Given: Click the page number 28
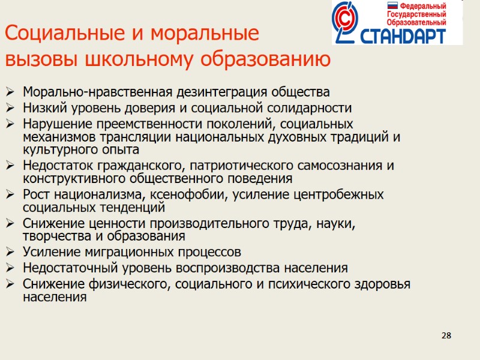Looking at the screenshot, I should point(446,335).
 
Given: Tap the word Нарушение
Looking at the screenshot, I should point(52,124).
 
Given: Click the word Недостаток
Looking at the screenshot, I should point(55,166).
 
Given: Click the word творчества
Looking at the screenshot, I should point(52,236).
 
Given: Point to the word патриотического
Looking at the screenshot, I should point(226,166).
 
